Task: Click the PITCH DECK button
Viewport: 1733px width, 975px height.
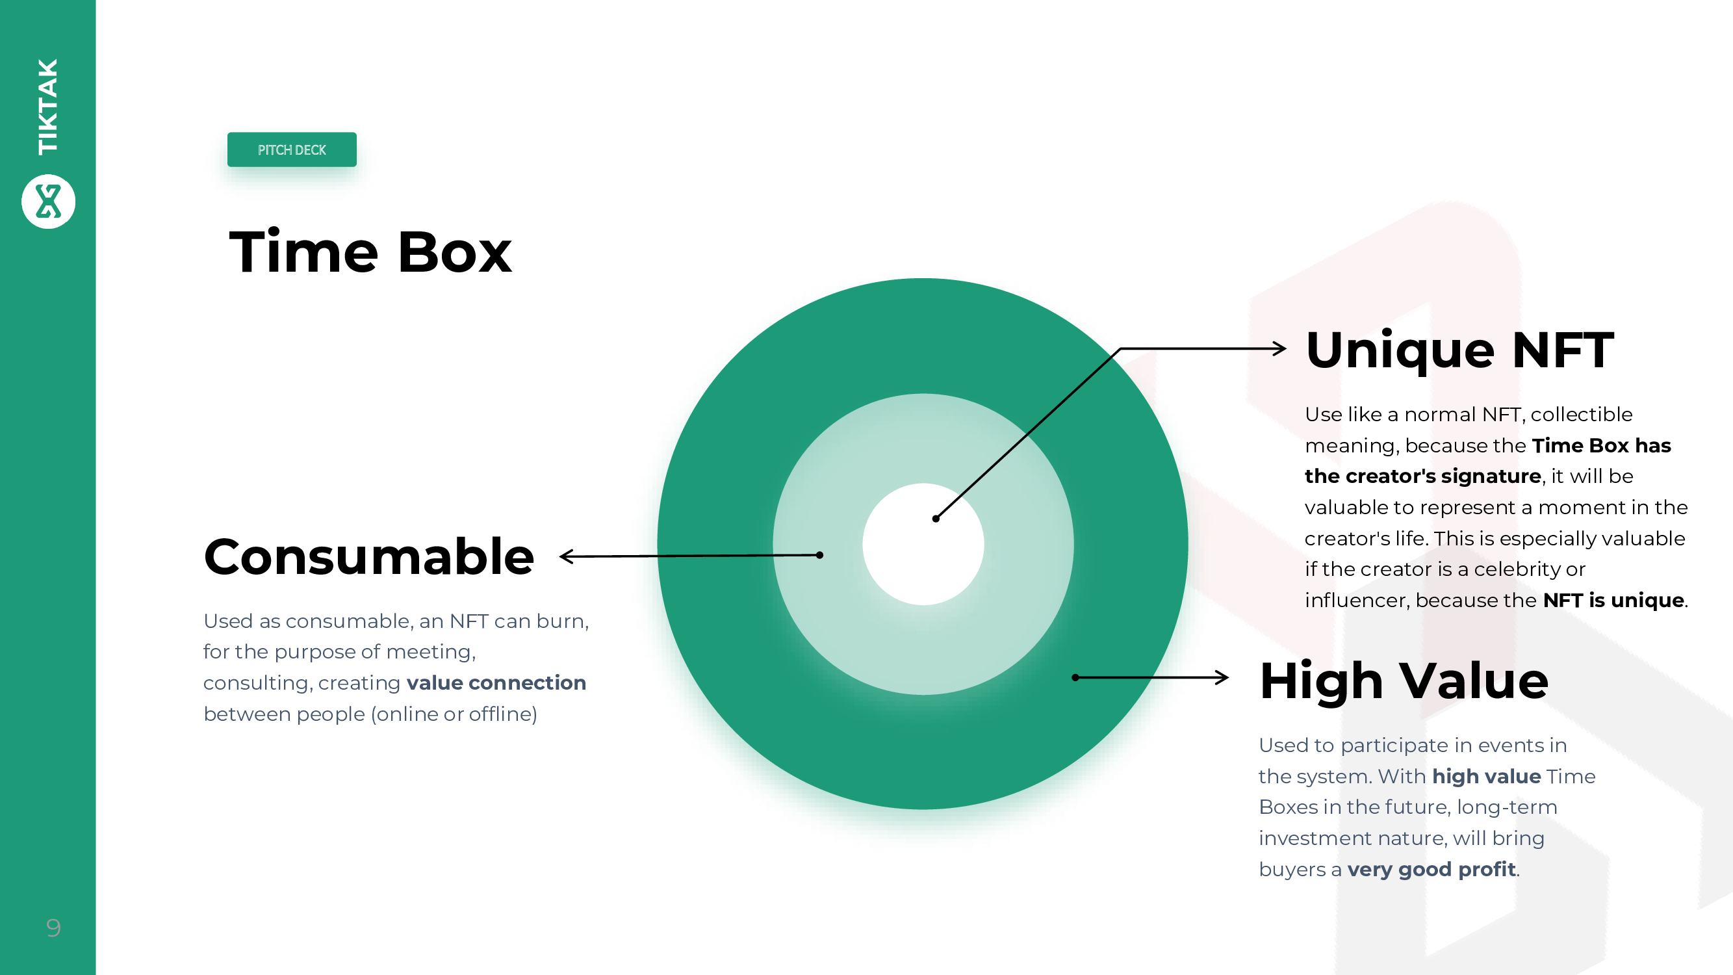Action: tap(292, 149)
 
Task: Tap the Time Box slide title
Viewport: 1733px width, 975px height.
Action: tap(370, 252)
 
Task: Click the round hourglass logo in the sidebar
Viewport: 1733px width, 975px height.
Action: tap(49, 201)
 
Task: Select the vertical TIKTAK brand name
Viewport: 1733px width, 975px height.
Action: tap(48, 107)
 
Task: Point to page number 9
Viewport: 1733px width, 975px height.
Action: tap(53, 928)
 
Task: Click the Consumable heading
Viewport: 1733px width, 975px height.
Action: tap(369, 557)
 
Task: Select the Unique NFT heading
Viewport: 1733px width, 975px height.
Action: tap(1460, 350)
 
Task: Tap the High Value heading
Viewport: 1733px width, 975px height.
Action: tap(1404, 682)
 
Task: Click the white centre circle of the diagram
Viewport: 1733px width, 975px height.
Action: tap(923, 543)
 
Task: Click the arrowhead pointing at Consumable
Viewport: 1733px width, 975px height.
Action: tap(567, 556)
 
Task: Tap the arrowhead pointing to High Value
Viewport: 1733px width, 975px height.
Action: tap(1222, 677)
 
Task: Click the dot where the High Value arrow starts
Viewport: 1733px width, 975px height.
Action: tap(1075, 677)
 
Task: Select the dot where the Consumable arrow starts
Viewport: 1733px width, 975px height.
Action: tap(819, 555)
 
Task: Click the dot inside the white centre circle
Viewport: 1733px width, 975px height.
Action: tap(936, 519)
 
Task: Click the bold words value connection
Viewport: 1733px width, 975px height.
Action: tap(496, 683)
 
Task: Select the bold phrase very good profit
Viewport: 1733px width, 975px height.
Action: tap(1431, 869)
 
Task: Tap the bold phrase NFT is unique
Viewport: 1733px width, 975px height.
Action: tap(1613, 600)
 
